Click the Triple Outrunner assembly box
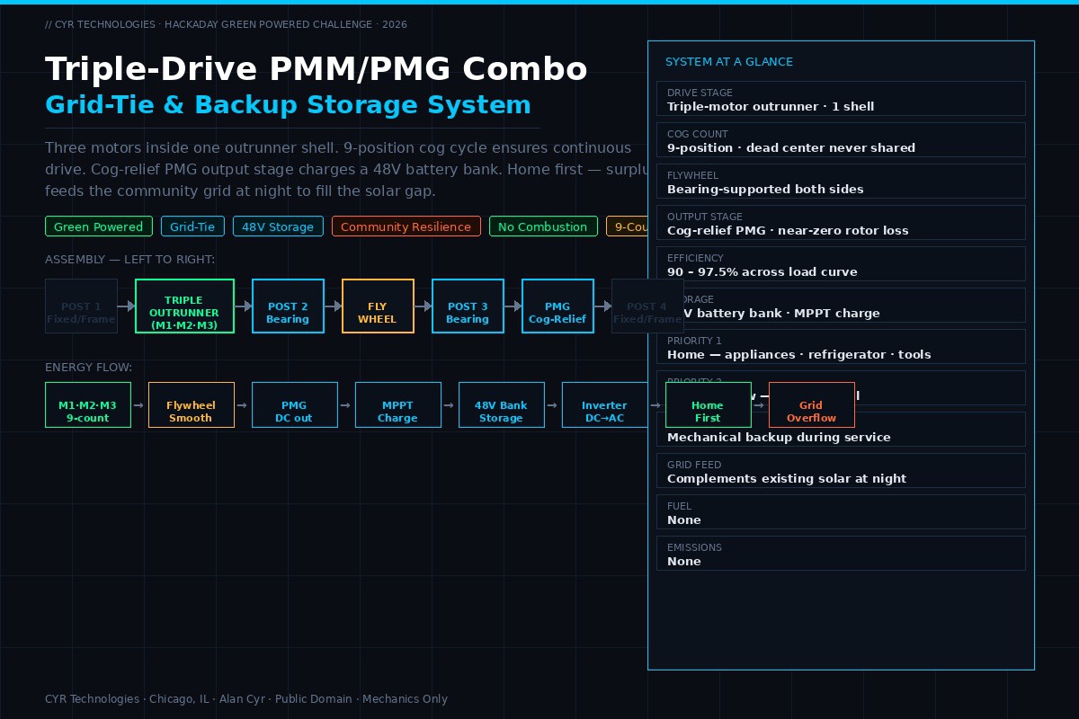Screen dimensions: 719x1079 [x=184, y=306]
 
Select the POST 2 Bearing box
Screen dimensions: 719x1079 [x=288, y=306]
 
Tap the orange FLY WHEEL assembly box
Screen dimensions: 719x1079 [x=378, y=306]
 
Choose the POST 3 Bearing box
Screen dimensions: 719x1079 [x=468, y=306]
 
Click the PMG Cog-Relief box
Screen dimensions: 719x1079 [x=557, y=306]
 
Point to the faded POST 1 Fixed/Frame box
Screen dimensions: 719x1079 [x=81, y=306]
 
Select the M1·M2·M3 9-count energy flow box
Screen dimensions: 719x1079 [x=88, y=405]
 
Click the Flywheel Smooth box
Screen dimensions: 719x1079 [x=191, y=405]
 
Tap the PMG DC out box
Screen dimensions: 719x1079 [x=294, y=405]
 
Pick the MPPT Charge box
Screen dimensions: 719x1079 [x=397, y=405]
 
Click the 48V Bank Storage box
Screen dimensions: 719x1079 [x=501, y=405]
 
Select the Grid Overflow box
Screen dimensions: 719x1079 [x=811, y=405]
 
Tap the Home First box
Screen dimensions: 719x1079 [x=708, y=405]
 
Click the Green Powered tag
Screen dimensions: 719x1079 [x=99, y=226]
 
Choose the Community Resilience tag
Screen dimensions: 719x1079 [x=406, y=226]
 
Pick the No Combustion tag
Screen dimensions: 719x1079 [x=542, y=226]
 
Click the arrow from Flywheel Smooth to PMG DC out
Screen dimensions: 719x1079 [x=243, y=405]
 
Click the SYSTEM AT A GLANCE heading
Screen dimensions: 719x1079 [x=729, y=62]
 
